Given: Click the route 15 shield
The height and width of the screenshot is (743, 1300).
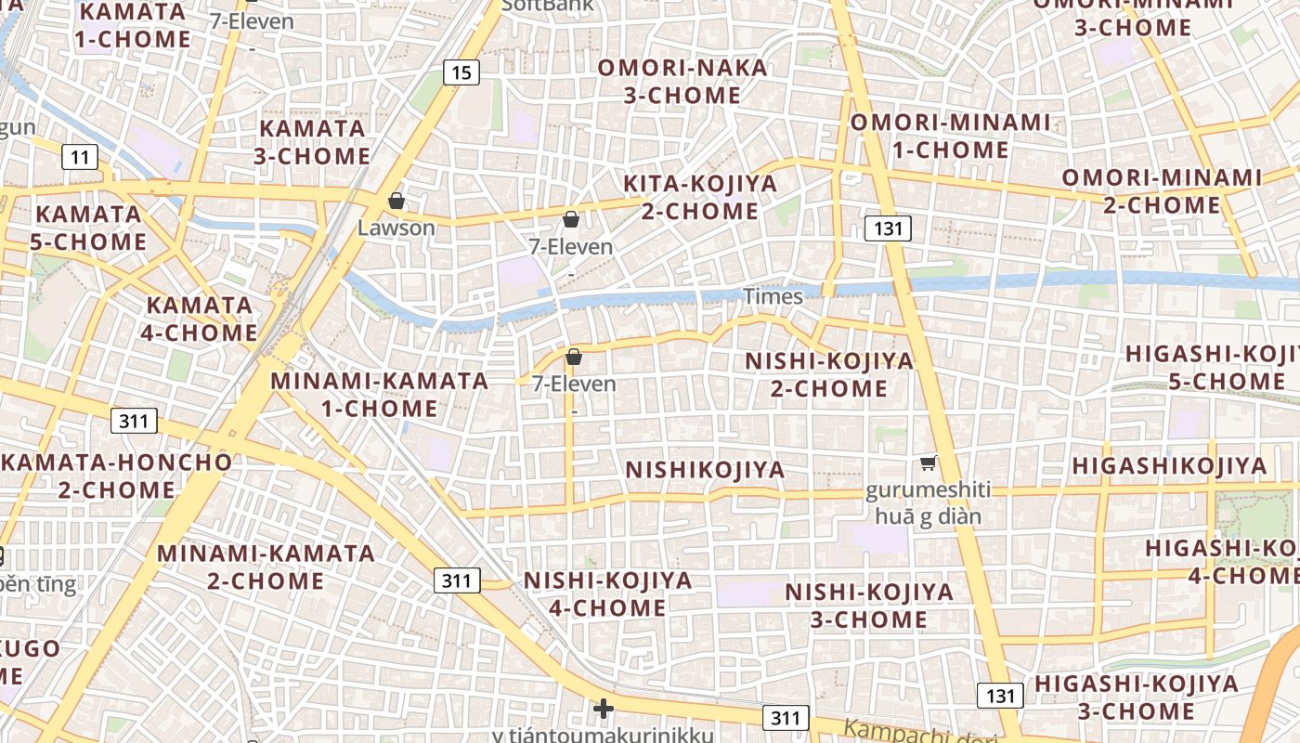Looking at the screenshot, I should point(461,72).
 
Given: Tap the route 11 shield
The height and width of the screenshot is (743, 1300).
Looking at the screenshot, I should point(80,157).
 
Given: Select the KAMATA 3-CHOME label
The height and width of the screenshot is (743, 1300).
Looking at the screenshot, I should point(312,142).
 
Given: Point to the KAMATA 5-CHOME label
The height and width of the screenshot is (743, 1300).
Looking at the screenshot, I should point(89,228).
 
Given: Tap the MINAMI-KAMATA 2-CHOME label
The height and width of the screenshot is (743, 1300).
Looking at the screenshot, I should point(266,567).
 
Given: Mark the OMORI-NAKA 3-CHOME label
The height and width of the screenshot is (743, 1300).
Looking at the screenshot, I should point(682,82).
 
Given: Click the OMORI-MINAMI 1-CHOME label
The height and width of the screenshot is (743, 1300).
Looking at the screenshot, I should point(951,136).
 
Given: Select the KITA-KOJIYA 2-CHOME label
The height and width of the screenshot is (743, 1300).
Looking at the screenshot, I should point(700,197).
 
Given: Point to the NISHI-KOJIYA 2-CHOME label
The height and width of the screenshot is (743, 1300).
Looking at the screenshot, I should point(829,374).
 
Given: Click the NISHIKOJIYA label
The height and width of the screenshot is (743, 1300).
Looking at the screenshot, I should point(705,470).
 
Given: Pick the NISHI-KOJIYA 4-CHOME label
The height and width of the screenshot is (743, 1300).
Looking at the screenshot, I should point(608,594).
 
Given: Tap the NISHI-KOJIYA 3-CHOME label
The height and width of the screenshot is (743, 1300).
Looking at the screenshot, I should point(869,606).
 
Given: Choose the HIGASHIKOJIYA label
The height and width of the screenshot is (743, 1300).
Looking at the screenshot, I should point(1169,466).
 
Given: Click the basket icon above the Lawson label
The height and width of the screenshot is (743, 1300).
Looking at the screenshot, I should point(396,201).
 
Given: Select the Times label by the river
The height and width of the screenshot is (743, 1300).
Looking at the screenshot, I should point(773,296).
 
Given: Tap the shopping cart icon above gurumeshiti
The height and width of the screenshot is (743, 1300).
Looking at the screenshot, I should point(927,463).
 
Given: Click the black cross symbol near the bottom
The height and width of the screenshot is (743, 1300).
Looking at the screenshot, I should point(604,710).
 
